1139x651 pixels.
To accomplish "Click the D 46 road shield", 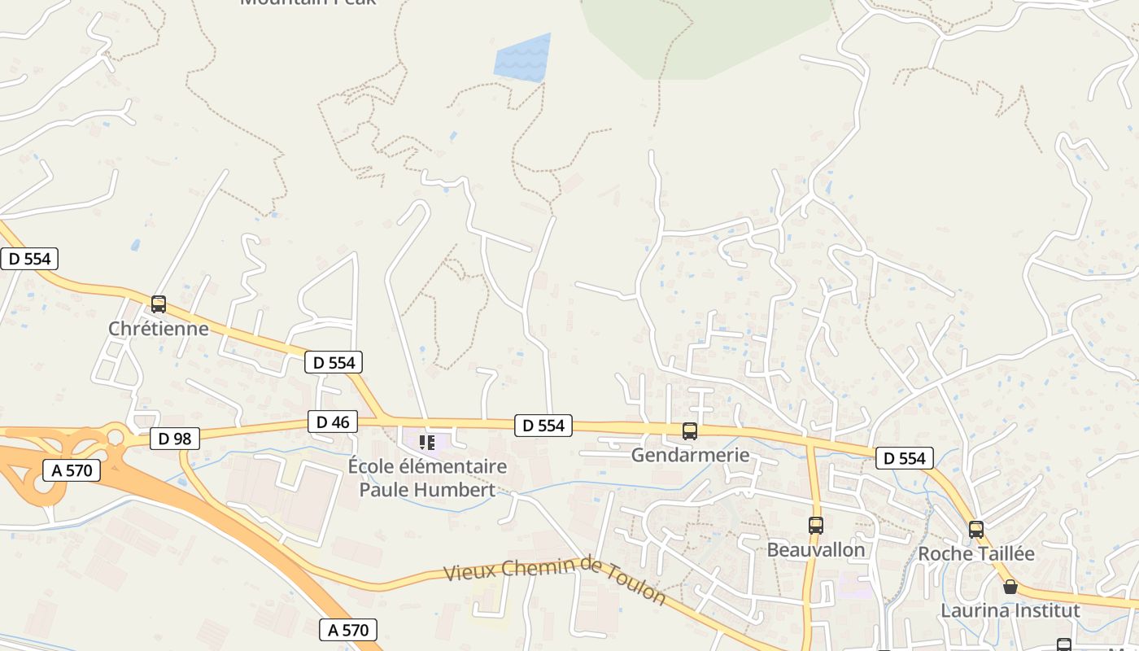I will click(333, 422).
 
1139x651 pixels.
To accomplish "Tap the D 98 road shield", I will click(175, 439).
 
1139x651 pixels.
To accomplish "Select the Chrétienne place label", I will click(159, 329).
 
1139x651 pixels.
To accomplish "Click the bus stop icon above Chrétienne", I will click(159, 304).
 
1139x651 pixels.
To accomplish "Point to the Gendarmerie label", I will click(690, 455).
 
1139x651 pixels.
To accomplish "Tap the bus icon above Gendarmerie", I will click(690, 431).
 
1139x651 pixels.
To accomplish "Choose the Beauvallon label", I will click(816, 549).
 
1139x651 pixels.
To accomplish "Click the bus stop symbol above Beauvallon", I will click(816, 526).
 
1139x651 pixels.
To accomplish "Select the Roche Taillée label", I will click(976, 553).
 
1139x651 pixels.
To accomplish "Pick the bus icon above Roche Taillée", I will click(976, 530).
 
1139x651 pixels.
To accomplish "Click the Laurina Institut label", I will click(1010, 610).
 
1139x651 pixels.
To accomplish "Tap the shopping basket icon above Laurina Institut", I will click(1010, 587).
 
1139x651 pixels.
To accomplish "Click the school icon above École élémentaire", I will click(427, 443).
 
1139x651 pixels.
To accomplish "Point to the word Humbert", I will click(460, 490).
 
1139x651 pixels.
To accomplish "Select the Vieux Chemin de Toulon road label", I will click(555, 579).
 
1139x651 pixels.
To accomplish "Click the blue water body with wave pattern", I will click(521, 59).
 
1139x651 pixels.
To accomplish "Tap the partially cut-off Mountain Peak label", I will click(308, 2).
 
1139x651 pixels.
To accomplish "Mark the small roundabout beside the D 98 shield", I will click(115, 438).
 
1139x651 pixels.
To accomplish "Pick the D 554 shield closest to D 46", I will click(334, 362).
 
